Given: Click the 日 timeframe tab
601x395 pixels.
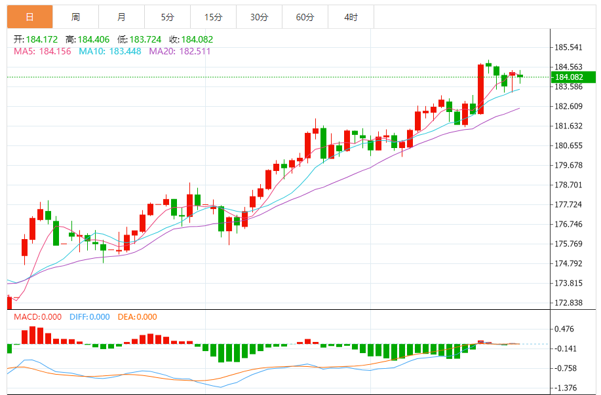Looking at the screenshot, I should click(x=29, y=17).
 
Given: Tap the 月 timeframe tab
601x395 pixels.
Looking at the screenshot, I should click(x=122, y=17).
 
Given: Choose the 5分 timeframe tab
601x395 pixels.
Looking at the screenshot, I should click(x=168, y=17).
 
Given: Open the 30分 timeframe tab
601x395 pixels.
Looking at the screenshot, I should click(x=260, y=17).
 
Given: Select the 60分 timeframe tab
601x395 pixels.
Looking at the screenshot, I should click(x=305, y=17).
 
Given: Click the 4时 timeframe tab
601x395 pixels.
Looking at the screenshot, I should click(x=351, y=17).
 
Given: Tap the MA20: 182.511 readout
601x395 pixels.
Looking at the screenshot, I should click(x=180, y=51).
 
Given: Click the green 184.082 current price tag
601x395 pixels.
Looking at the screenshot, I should click(x=572, y=77).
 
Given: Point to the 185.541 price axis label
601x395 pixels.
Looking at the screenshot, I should click(x=569, y=48).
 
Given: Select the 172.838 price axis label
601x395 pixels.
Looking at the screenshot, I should click(x=569, y=303).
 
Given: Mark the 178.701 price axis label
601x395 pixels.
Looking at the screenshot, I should click(x=569, y=185).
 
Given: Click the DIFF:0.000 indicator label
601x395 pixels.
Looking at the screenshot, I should click(x=89, y=317).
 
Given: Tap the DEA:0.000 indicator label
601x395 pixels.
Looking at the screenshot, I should click(x=138, y=317).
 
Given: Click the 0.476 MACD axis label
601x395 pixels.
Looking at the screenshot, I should click(x=564, y=329).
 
